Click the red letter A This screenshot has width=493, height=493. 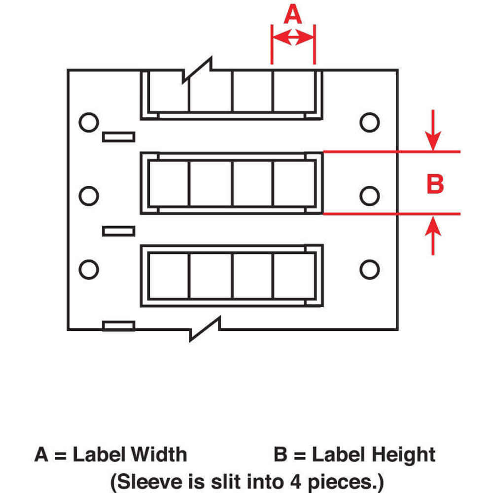click(x=293, y=15)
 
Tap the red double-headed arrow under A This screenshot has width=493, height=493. click(x=293, y=37)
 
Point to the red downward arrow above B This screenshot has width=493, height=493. click(x=433, y=131)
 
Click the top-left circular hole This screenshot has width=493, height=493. click(x=89, y=122)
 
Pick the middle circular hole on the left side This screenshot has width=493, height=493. click(x=89, y=196)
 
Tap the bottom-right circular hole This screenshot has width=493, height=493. click(x=369, y=270)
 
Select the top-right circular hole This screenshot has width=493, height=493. click(x=369, y=122)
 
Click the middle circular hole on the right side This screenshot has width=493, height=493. click(x=369, y=196)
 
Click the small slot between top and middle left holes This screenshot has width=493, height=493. click(x=118, y=137)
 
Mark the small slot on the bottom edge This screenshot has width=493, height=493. click(x=118, y=325)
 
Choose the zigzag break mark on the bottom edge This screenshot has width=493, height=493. click(x=205, y=329)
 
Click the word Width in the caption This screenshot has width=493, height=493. click(x=155, y=454)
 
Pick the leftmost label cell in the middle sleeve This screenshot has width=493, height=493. click(x=169, y=183)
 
